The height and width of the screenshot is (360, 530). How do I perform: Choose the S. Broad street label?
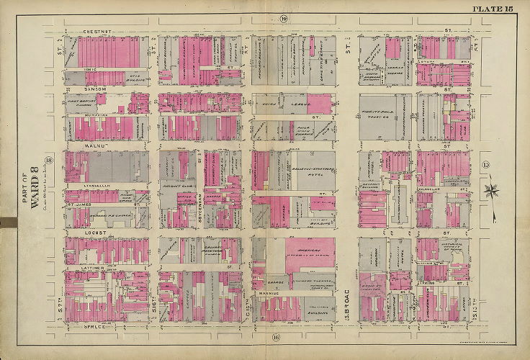351,294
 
